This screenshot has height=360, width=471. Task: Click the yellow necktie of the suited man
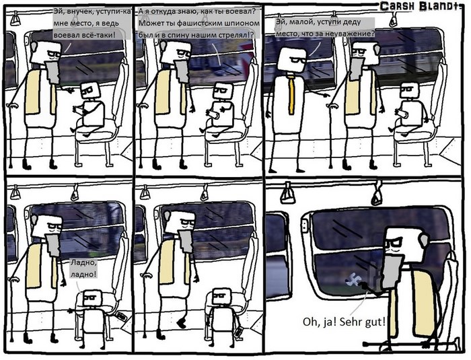point(291,96)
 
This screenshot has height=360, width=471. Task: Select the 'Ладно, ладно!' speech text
point(83,268)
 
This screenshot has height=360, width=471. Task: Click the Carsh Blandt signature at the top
point(421,6)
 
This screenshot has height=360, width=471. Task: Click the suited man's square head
point(291,59)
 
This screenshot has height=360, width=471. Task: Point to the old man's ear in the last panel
point(424,240)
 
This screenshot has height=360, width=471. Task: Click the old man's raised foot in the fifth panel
point(182,324)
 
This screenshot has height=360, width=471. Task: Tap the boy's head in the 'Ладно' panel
point(93,298)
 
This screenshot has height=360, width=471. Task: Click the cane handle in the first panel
point(11,106)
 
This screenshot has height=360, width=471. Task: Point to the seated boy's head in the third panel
point(409,90)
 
